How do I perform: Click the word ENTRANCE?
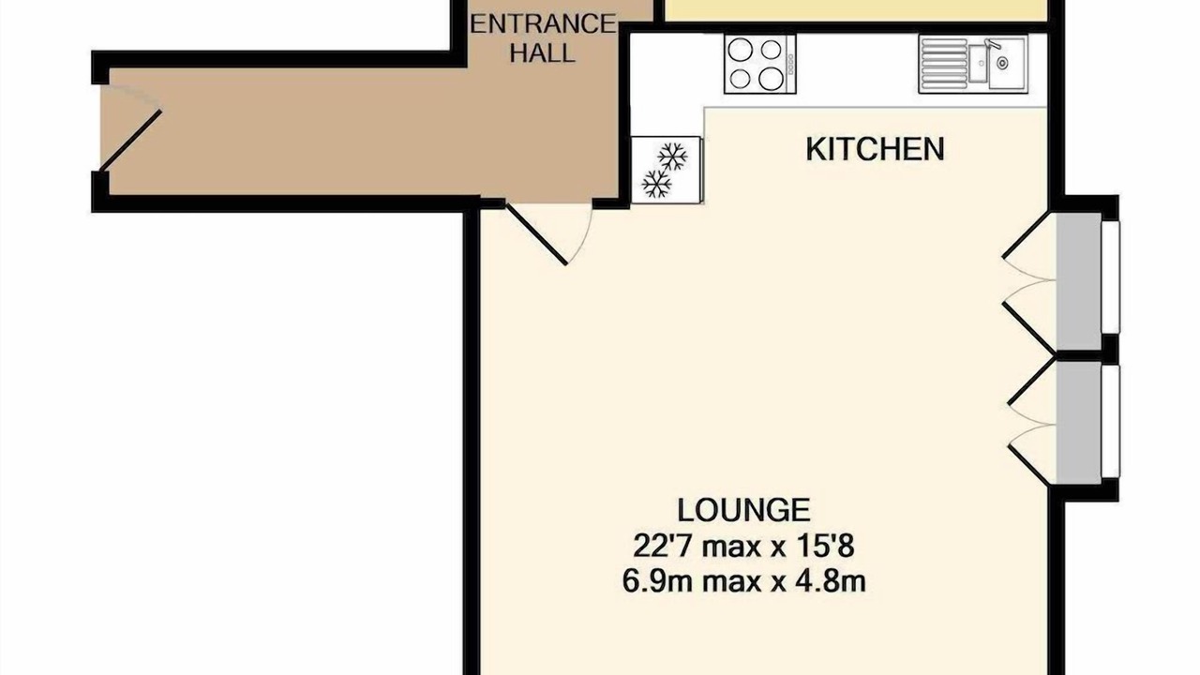pyautogui.click(x=543, y=24)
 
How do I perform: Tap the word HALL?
pyautogui.click(x=542, y=53)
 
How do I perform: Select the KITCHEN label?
pyautogui.click(x=876, y=149)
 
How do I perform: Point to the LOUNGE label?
pyautogui.click(x=743, y=510)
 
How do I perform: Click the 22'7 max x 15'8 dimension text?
pyautogui.click(x=743, y=547)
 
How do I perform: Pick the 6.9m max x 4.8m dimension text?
pyautogui.click(x=743, y=581)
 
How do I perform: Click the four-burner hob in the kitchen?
pyautogui.click(x=759, y=64)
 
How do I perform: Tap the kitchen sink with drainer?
pyautogui.click(x=973, y=64)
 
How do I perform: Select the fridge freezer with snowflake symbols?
pyautogui.click(x=667, y=170)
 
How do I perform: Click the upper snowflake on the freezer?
pyautogui.click(x=672, y=157)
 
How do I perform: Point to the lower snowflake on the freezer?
pyautogui.click(x=656, y=184)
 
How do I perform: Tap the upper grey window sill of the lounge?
pyautogui.click(x=1078, y=281)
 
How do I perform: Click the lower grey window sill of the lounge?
pyautogui.click(x=1078, y=423)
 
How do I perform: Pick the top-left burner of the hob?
pyautogui.click(x=740, y=51)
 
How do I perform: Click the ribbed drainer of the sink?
pyautogui.click(x=945, y=64)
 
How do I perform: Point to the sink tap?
pyautogui.click(x=993, y=44)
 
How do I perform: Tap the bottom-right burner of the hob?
pyautogui.click(x=771, y=79)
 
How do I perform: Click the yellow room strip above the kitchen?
pyautogui.click(x=856, y=10)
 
